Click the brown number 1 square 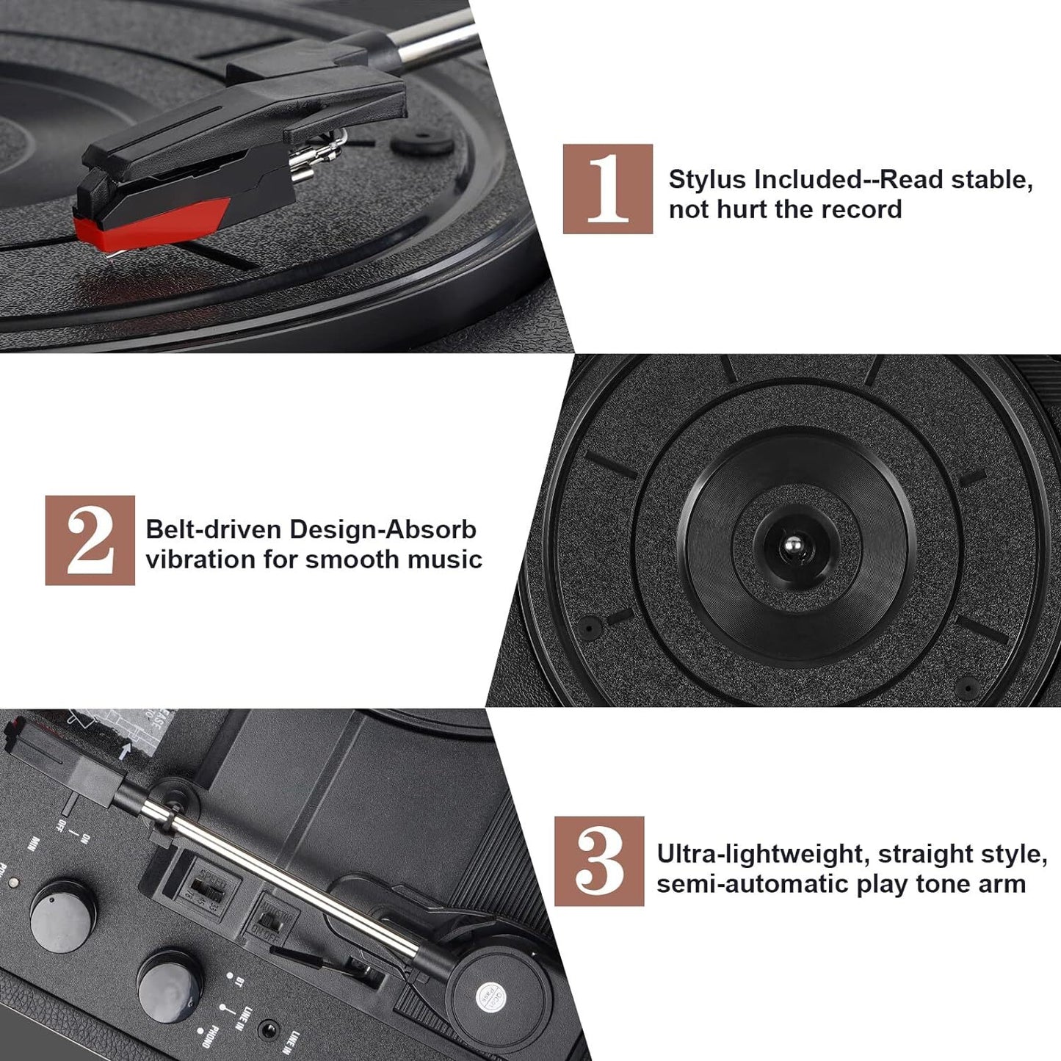coord(607,189)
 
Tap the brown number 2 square coord(90,540)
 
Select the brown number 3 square coord(599,861)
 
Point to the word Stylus coord(707,179)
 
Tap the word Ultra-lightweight coord(762,854)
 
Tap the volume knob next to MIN coord(62,915)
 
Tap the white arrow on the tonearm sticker coord(126,750)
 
